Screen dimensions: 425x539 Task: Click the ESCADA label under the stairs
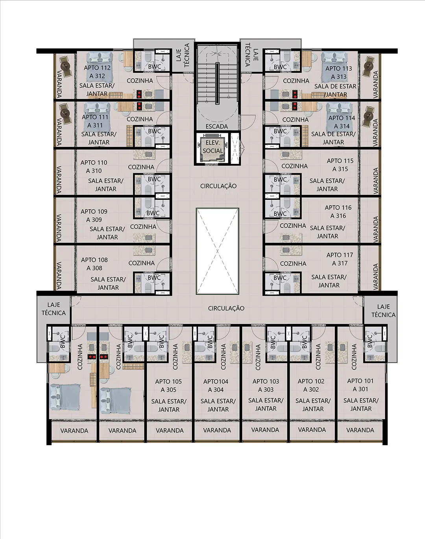(x=217, y=127)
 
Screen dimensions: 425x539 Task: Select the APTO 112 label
(x=97, y=68)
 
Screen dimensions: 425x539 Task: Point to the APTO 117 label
(x=340, y=255)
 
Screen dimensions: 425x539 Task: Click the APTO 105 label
(x=168, y=381)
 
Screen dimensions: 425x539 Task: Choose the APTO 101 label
(x=360, y=381)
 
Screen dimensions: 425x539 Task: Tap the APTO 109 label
(x=94, y=212)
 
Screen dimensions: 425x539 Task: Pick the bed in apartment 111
(x=97, y=112)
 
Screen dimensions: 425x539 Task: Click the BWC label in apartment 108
(x=154, y=278)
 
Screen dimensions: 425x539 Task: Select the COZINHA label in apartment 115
(x=294, y=166)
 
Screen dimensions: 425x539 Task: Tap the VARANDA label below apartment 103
(x=265, y=430)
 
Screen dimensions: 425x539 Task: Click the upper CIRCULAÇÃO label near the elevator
(x=218, y=186)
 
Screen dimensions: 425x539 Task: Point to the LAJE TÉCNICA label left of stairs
(x=183, y=55)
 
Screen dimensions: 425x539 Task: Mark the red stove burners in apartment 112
(x=139, y=94)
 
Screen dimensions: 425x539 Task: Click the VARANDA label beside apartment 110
(x=59, y=180)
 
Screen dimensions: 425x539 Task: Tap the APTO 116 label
(x=338, y=208)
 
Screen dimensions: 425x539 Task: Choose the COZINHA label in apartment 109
(x=143, y=227)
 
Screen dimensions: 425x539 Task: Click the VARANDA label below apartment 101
(x=360, y=430)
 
